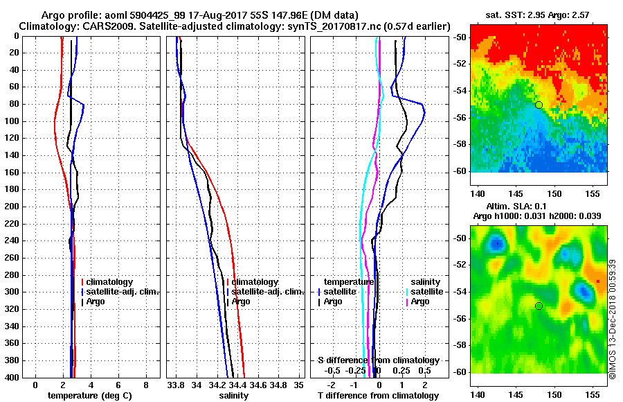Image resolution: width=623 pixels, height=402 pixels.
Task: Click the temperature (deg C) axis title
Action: pos(89,396)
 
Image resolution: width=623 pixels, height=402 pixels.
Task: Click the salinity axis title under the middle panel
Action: pos(234,396)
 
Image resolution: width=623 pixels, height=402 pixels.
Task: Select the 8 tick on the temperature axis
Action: pos(145,385)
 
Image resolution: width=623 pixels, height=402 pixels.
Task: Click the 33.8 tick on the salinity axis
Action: pos(176,385)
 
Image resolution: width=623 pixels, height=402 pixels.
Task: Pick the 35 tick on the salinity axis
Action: pos(298,385)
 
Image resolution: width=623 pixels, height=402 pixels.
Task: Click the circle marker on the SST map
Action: pos(539,105)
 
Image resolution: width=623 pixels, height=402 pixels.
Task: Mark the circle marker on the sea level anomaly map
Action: pos(539,306)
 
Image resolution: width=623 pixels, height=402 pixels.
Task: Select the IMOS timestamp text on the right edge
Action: pos(612,319)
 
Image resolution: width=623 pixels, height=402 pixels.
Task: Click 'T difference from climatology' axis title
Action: pos(378,396)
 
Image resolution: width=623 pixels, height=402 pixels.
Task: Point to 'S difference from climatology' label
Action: pos(378,360)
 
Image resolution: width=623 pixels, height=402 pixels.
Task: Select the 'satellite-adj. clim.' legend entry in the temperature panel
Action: pos(123,292)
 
